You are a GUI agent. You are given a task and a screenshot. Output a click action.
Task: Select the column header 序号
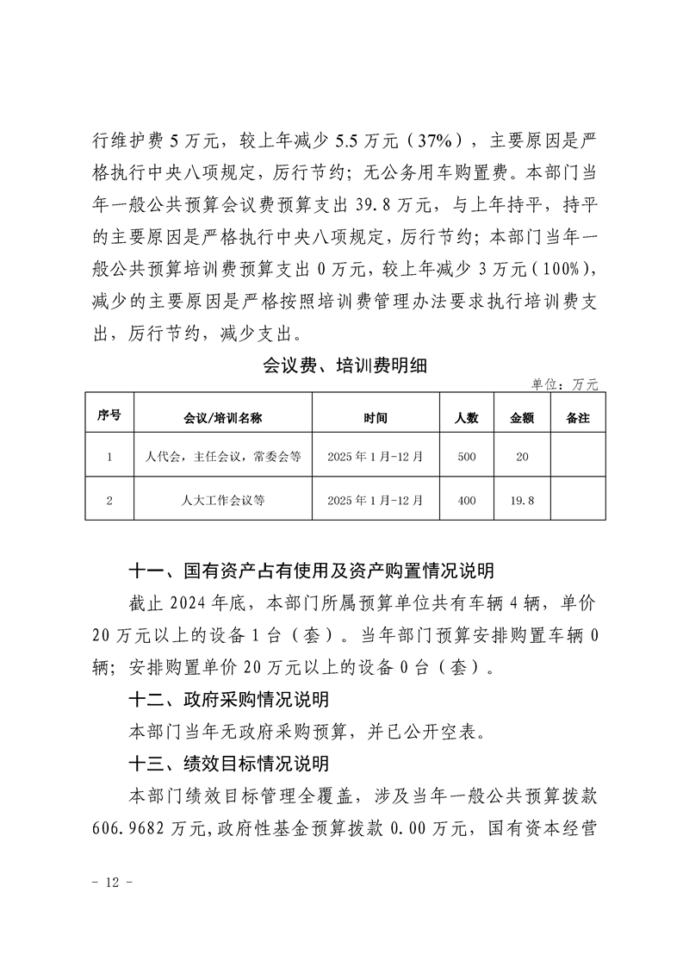coord(109,416)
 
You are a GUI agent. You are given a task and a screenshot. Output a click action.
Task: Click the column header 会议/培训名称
coord(222,418)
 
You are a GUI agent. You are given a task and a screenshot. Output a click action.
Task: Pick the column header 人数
coord(467,418)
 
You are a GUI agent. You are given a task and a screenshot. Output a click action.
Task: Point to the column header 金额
coord(522,418)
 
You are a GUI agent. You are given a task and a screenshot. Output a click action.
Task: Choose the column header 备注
coord(578,418)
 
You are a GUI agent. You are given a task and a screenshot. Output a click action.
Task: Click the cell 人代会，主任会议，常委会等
coord(222,457)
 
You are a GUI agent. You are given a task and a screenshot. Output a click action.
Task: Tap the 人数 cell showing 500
coord(467,457)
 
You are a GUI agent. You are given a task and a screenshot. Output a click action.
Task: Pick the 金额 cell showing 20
coord(522,457)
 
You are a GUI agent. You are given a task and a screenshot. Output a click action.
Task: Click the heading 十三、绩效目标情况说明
coord(228,763)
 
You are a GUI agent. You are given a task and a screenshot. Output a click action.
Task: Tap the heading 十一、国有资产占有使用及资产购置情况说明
coord(311,571)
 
